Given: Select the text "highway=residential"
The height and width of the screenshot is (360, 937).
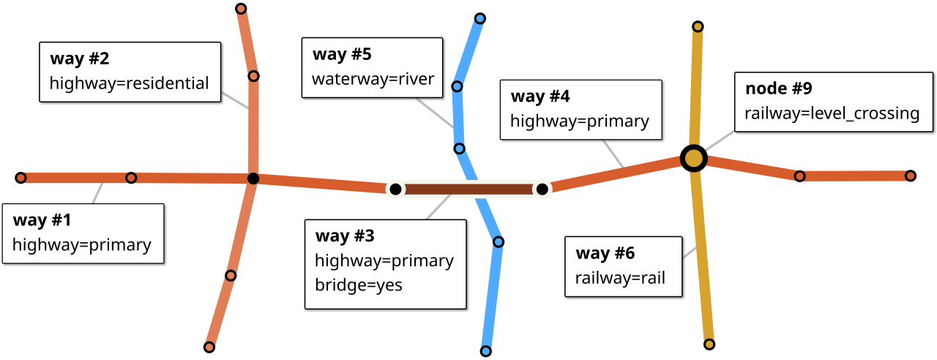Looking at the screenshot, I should [129, 83].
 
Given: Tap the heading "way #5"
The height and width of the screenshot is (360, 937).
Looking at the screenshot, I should [342, 54].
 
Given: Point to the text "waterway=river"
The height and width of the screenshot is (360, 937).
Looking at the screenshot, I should [373, 79].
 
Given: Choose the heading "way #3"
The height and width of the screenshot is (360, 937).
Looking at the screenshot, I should [345, 236].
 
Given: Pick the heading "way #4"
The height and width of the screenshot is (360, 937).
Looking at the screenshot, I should [540, 97].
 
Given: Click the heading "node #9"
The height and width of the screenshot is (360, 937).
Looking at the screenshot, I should [779, 89].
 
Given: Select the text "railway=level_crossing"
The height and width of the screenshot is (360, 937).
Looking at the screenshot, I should [832, 113].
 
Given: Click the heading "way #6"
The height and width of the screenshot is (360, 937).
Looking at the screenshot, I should [605, 254].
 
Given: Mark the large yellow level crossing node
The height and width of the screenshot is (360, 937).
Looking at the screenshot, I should [693, 158].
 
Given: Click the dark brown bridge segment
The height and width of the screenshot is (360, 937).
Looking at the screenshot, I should [468, 190].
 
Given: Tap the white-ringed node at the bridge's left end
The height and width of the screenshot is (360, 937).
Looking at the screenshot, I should [395, 190].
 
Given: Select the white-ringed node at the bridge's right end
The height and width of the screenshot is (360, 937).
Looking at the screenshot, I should [542, 190].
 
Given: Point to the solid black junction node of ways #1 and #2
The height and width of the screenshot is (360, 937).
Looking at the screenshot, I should [253, 179].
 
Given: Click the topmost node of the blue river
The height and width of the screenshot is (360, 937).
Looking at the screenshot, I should [479, 18].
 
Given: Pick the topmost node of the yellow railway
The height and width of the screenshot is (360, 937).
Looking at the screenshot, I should [698, 27].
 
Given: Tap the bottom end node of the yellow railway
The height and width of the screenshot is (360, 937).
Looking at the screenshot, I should [709, 342].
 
